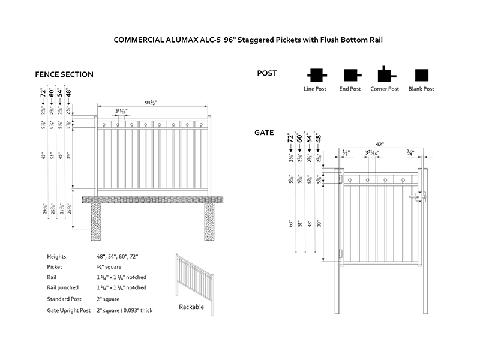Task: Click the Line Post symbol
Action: [x=315, y=75]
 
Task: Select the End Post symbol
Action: [x=350, y=75]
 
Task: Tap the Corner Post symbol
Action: [x=385, y=74]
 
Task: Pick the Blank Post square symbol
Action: [x=422, y=75]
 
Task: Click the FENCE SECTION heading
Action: [x=64, y=74]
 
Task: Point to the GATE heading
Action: [x=264, y=132]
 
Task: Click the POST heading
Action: [x=267, y=73]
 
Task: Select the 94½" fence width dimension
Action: [x=151, y=102]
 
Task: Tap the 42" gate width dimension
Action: [x=380, y=144]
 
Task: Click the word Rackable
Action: [x=191, y=307]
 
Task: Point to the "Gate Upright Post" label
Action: [x=68, y=310]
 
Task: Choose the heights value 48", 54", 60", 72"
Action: [x=117, y=256]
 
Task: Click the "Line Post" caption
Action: [x=315, y=89]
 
